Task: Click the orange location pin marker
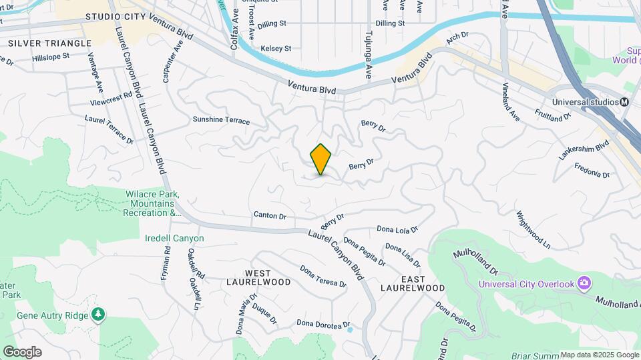point(321,159)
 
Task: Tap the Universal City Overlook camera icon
point(584,283)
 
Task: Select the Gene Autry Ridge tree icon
point(99,314)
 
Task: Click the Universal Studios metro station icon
point(624,102)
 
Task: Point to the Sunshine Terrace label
point(221,121)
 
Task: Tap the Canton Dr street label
point(270,215)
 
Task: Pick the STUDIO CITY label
point(118,15)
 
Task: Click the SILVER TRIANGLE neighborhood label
point(49,43)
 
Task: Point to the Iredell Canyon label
point(174,238)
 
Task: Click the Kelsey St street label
point(276,48)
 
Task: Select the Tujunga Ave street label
point(367,53)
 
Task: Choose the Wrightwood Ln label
point(533,230)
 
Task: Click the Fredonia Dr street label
point(592,169)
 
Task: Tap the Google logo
point(22,352)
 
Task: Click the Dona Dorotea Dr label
point(323,325)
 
